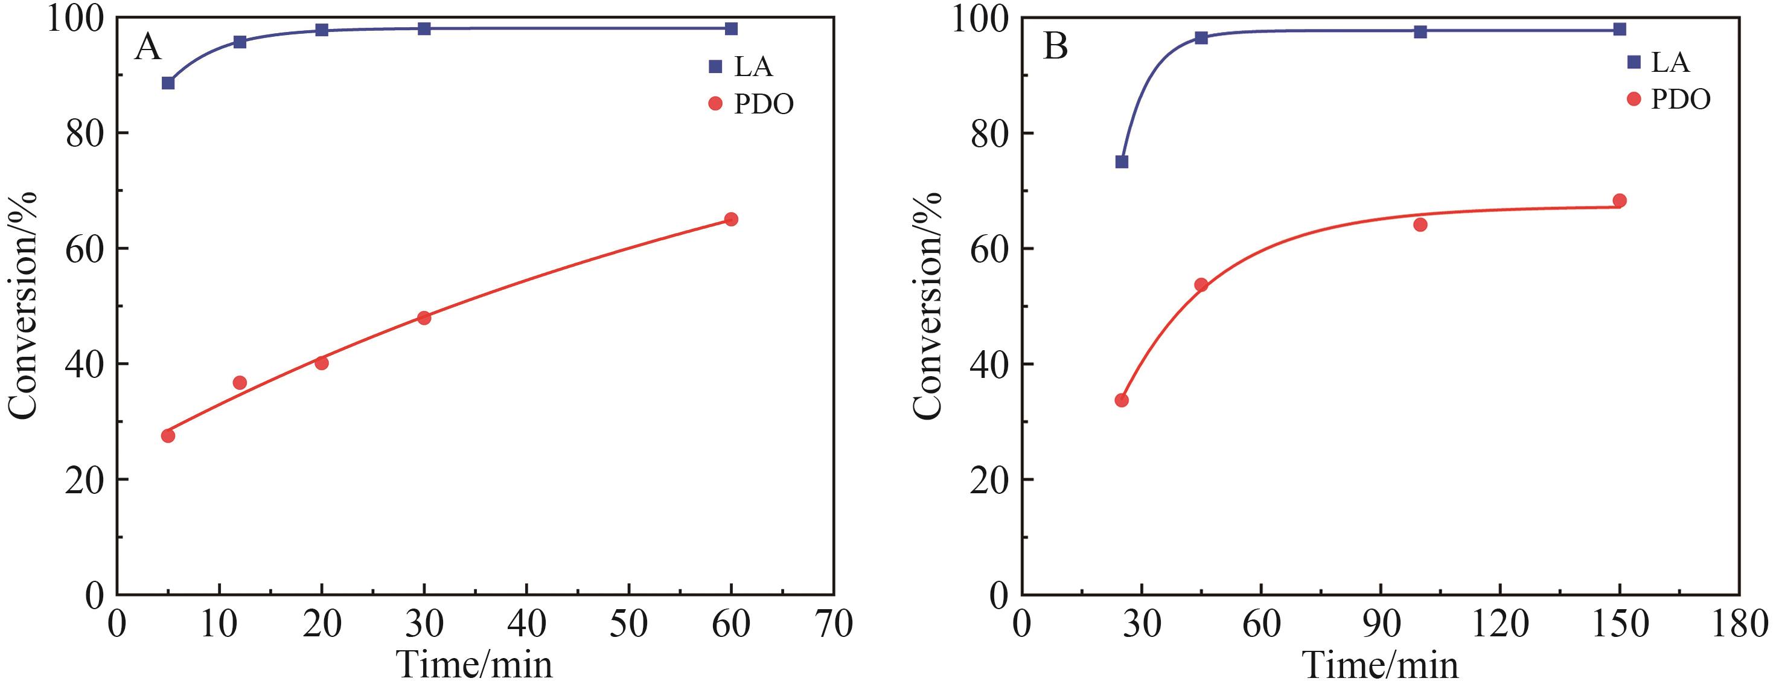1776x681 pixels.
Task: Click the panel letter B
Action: click(x=1056, y=48)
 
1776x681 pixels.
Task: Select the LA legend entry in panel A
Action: click(x=741, y=66)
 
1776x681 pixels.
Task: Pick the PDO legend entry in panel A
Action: click(x=751, y=104)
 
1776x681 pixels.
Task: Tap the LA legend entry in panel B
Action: click(x=1658, y=62)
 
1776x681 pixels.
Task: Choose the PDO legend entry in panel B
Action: click(x=1668, y=99)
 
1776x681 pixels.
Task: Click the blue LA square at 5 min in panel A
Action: click(x=168, y=83)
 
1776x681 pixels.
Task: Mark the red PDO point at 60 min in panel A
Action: click(x=732, y=219)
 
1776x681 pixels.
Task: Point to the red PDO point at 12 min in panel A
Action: click(x=240, y=383)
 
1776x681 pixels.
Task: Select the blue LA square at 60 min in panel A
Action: click(x=732, y=28)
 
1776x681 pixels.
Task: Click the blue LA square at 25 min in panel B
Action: click(x=1122, y=162)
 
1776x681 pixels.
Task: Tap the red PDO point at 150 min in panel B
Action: click(x=1620, y=200)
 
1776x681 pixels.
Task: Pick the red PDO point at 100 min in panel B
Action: click(x=1420, y=225)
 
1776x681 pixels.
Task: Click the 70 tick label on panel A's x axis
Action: click(x=834, y=624)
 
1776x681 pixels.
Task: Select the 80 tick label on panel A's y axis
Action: click(x=85, y=133)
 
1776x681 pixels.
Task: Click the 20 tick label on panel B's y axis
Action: click(x=989, y=481)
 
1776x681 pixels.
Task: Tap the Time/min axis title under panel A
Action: click(x=475, y=663)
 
